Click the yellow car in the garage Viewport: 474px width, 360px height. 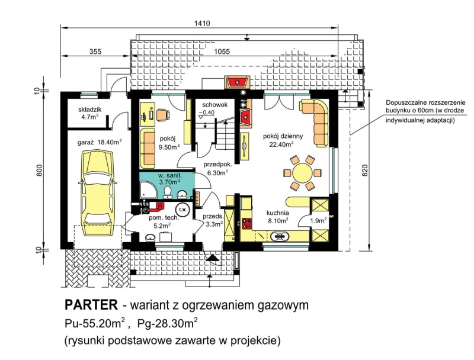pos(97,193)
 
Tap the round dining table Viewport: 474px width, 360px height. pos(302,173)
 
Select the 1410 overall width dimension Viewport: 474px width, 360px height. pos(202,23)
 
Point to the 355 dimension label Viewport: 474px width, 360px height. pos(95,52)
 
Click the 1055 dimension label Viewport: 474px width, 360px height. pos(222,52)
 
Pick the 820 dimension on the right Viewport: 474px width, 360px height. pos(365,171)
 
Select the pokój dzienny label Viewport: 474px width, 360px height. pos(283,136)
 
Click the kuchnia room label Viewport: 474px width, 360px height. pos(277,213)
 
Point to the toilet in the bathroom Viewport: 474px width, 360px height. pos(167,192)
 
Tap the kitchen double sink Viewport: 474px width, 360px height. pos(280,236)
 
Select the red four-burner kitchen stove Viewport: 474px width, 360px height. pos(246,223)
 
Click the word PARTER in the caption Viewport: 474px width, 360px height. pos(91,305)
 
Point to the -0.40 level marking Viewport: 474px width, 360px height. pos(207,112)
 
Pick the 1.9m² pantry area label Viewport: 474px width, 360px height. pos(318,220)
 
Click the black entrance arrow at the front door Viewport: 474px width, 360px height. pos(212,258)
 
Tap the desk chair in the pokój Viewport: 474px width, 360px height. pos(162,115)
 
